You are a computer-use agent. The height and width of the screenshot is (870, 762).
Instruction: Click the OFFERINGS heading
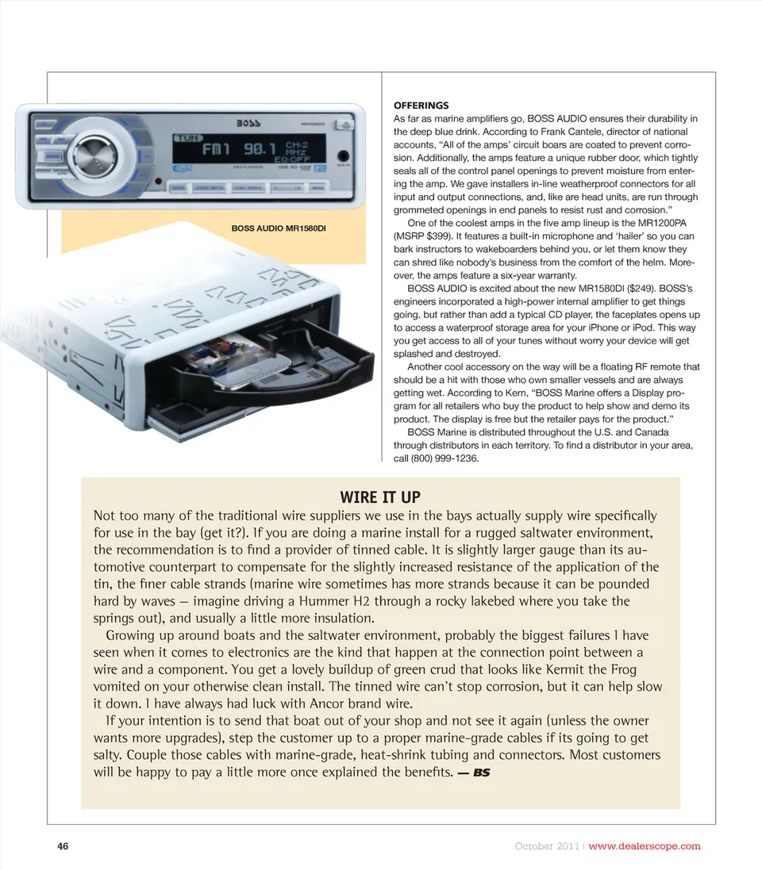421,105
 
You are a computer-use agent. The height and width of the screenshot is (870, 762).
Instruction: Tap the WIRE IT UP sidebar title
380,497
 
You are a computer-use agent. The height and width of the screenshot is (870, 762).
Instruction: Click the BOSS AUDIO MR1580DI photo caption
279,229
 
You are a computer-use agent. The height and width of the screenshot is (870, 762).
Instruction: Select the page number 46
63,845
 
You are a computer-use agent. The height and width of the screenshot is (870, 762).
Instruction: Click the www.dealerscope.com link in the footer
645,845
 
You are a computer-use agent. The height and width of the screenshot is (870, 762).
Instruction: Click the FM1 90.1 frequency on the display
236,149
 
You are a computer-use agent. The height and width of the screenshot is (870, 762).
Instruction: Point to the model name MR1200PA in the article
668,224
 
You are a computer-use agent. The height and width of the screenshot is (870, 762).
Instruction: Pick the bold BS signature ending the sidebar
480,772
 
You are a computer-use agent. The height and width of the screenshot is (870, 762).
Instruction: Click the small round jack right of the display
343,155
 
